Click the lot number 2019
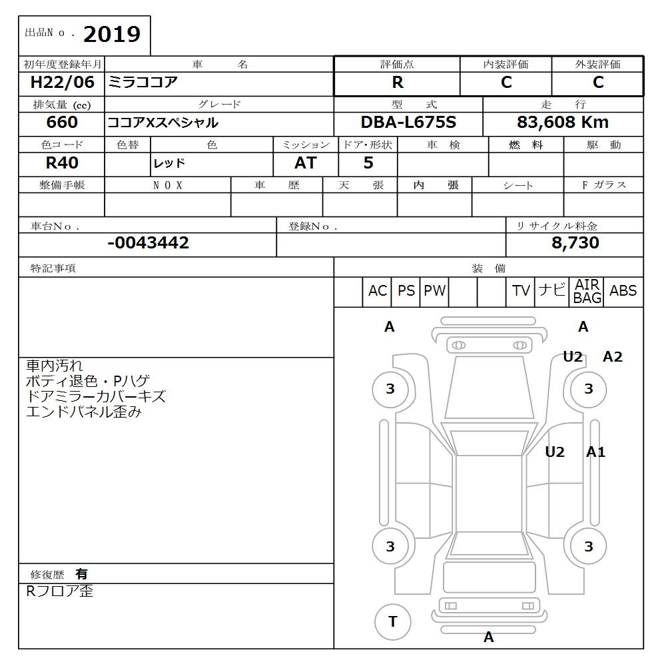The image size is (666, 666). tap(112, 35)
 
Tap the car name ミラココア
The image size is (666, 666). tap(144, 83)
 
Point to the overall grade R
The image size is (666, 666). tap(397, 83)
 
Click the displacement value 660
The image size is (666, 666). tap(62, 123)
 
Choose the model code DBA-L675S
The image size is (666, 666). tap(408, 123)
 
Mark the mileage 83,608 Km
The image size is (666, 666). tap(563, 123)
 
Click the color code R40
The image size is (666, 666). tap(62, 163)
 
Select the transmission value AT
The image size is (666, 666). tap(306, 163)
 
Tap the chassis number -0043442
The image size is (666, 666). tap(148, 243)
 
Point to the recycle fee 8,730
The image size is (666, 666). tap(575, 243)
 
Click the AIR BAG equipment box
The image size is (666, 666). tap(587, 291)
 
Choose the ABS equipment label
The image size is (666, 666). tap(623, 291)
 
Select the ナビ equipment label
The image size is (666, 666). tap(552, 291)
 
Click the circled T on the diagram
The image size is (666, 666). tap(392, 622)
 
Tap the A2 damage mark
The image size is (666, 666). tap(612, 357)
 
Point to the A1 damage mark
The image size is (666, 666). tap(595, 452)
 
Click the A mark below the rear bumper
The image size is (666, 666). tap(489, 637)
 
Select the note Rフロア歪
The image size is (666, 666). tap(60, 591)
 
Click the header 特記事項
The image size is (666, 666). tap(53, 268)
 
